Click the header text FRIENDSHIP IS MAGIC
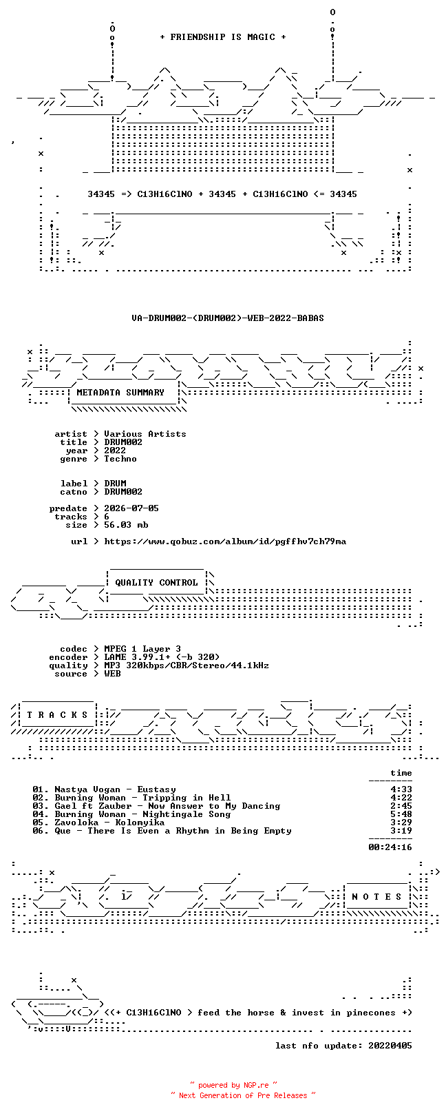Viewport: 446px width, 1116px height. point(222,37)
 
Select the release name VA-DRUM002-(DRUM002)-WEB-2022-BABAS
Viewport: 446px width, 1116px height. point(228,318)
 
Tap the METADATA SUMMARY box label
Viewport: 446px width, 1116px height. point(120,393)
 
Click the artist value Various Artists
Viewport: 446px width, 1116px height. point(145,434)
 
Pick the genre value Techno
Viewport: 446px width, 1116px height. point(120,459)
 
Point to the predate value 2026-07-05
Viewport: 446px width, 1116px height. point(131,508)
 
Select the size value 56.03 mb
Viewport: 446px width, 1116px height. point(126,525)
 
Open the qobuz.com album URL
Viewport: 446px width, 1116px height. point(225,541)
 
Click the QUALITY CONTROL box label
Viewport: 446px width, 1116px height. point(156,583)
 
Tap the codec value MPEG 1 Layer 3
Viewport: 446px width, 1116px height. point(142,649)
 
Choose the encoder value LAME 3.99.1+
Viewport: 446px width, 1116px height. point(137,657)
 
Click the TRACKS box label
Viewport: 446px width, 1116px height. point(57,715)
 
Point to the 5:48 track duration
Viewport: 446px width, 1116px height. point(401,814)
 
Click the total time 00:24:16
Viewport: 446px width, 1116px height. point(390,847)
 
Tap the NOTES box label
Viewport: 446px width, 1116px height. point(376,897)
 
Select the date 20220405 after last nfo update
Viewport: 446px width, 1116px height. point(390,1046)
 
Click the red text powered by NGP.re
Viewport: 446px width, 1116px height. point(233,1085)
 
